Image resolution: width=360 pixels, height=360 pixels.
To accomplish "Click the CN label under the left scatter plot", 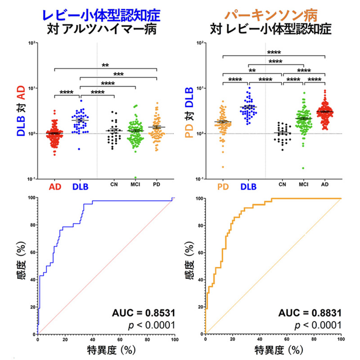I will tap(114, 184).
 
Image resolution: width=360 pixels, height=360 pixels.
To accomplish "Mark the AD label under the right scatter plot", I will tap(325, 184).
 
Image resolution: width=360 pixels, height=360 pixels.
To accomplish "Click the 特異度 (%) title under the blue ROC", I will tap(106, 349).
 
